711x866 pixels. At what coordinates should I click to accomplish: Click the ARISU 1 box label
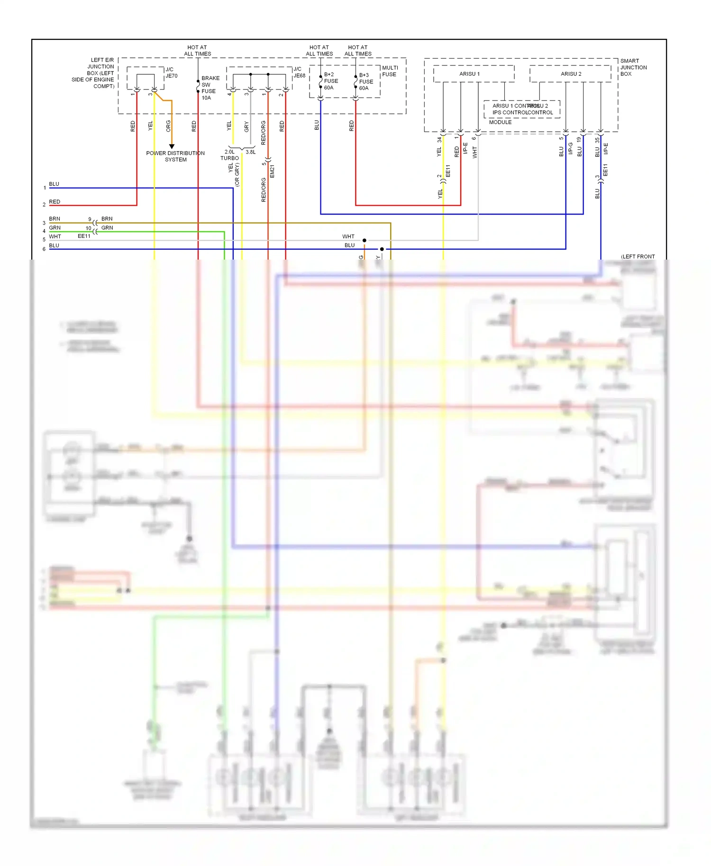tap(469, 74)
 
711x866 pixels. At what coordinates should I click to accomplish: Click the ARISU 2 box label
tap(571, 74)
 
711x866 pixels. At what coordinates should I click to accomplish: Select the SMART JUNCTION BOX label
tap(633, 67)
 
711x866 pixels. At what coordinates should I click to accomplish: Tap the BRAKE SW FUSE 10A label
tap(210, 88)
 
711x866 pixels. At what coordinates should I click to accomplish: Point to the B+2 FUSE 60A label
tap(331, 81)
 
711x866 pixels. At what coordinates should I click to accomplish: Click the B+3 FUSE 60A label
tap(366, 81)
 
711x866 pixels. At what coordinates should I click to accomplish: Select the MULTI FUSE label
tap(390, 71)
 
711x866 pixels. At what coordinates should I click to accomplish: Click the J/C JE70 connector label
tap(171, 72)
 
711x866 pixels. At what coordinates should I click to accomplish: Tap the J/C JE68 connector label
tap(299, 72)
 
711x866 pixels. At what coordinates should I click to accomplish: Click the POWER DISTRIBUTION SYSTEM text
tap(175, 156)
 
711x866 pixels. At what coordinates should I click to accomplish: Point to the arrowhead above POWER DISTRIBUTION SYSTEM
tap(172, 146)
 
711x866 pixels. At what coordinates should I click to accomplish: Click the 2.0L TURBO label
tap(229, 155)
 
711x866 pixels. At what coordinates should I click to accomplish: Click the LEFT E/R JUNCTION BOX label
tap(93, 73)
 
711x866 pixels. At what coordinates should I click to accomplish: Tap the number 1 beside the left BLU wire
tap(45, 188)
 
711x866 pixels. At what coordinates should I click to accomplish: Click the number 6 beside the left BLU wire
tap(44, 249)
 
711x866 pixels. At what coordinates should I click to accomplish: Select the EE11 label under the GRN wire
tap(84, 236)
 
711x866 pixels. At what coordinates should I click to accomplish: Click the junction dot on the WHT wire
tap(364, 240)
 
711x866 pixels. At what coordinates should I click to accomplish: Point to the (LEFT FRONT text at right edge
tap(638, 256)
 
